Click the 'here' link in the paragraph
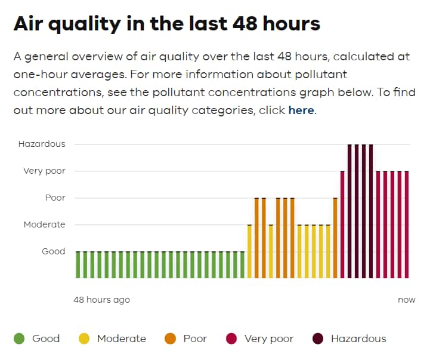point(301,110)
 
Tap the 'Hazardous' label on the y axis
point(42,144)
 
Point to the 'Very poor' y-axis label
point(44,171)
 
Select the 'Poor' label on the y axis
point(55,198)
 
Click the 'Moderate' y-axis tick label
point(44,224)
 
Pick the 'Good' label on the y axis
point(53,251)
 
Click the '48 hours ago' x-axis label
point(101,300)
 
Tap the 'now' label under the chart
point(406,300)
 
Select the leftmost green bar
point(78,264)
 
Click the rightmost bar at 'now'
point(407,224)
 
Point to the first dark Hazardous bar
point(349,211)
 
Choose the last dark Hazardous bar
point(371,211)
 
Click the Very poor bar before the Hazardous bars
point(342,224)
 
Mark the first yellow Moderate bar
point(249,251)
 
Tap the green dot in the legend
point(19,339)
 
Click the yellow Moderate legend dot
point(84,339)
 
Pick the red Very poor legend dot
point(231,339)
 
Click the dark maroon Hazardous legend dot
point(318,339)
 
